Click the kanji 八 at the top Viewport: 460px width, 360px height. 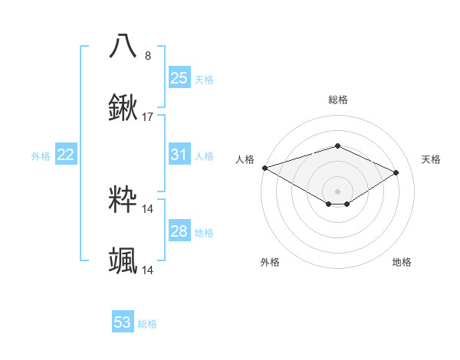[123, 46]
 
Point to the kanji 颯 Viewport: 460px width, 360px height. [123, 261]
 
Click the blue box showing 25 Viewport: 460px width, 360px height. [179, 78]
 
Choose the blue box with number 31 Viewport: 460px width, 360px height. [179, 155]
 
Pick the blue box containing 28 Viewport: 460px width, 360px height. [179, 231]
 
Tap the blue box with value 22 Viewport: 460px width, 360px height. [66, 155]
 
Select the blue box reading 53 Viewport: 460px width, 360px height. [123, 322]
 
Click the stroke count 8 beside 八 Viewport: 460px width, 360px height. [148, 56]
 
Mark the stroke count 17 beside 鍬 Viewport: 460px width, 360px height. [148, 117]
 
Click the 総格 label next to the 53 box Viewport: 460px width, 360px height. [147, 324]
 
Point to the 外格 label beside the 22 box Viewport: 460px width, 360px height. [41, 156]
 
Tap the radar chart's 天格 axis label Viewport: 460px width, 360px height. [432, 159]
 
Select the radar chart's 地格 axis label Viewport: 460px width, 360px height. [402, 262]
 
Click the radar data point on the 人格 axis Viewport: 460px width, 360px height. [264, 167]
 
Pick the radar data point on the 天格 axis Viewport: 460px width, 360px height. [396, 173]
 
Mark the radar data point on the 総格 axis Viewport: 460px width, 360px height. [337, 146]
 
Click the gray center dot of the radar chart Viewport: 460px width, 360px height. [337, 191]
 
